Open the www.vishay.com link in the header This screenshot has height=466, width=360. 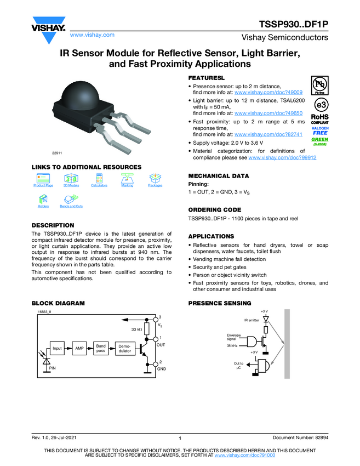[x=92, y=35]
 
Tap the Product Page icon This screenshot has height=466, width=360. [x=43, y=179]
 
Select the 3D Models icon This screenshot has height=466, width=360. [x=71, y=179]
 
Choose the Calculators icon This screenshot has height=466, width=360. [x=99, y=179]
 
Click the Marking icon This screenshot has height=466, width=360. [x=127, y=179]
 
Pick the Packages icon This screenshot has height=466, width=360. [x=155, y=179]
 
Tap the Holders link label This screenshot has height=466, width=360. [x=43, y=206]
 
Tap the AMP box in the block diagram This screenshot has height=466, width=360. [x=79, y=348]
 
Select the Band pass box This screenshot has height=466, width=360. [x=101, y=348]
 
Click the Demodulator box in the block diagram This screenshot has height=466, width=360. [x=125, y=348]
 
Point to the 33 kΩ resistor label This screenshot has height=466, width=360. [x=138, y=329]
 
